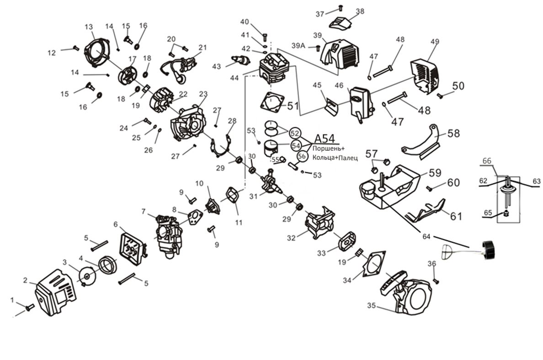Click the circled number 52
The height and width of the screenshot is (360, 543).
tap(295, 133)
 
